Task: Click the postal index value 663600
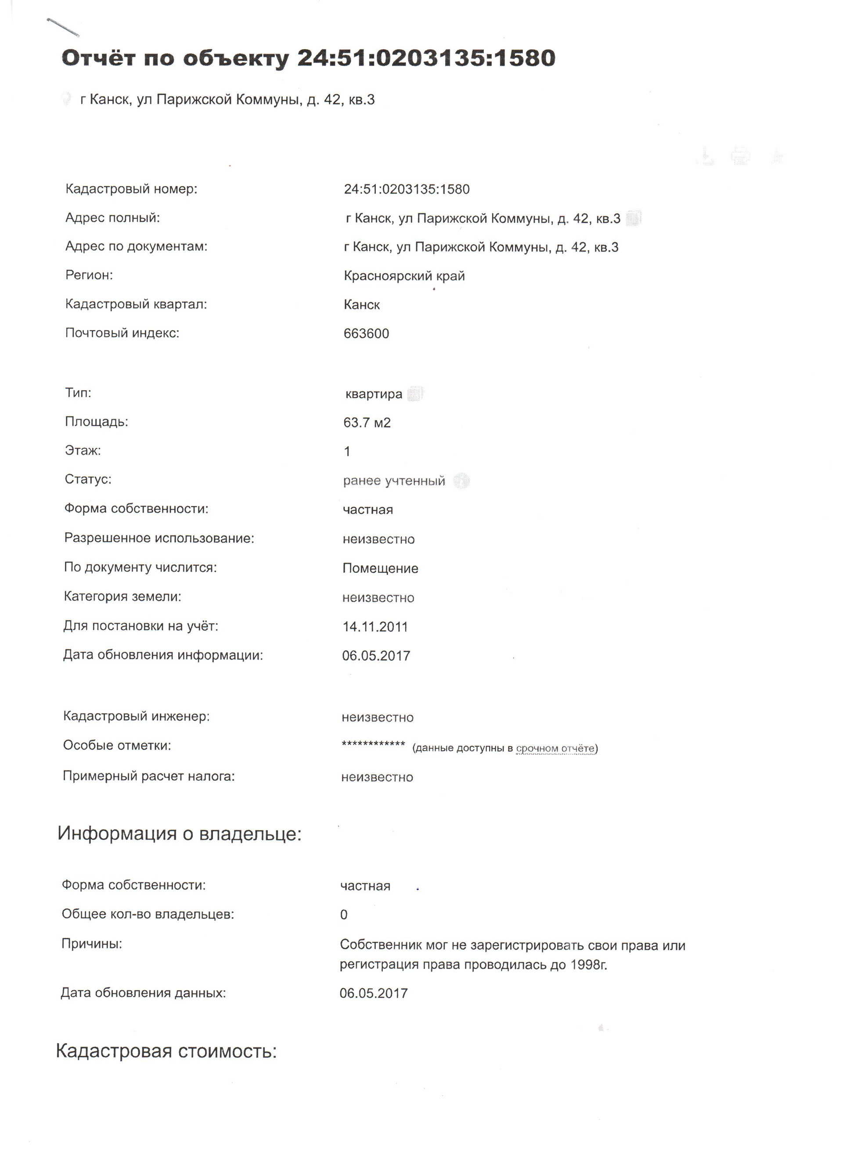point(366,334)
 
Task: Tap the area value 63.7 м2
point(367,423)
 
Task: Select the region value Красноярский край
point(404,276)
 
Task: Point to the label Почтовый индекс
point(122,333)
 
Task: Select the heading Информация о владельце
point(180,833)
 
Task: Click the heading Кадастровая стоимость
point(166,1051)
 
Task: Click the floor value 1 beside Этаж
point(347,452)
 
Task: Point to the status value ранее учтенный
point(394,481)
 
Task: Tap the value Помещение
point(380,568)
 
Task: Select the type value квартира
point(374,394)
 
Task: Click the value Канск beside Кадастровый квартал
point(361,305)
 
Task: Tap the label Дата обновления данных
point(143,993)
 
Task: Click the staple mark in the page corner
point(63,28)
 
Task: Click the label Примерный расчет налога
point(148,776)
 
